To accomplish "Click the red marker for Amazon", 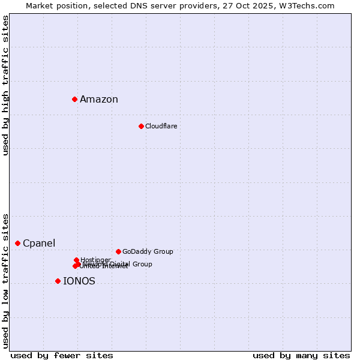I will click(74, 99).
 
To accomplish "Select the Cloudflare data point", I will click(141, 126).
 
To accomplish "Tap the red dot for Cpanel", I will click(17, 243).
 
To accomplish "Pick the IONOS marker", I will click(58, 281).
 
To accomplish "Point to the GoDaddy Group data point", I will click(118, 251).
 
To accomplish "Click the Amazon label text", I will click(99, 100).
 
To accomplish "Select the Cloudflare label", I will click(161, 126).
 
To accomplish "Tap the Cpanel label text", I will click(39, 244).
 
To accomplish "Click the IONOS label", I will click(79, 281).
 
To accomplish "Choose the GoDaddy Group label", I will click(148, 251).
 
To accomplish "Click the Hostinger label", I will click(96, 259).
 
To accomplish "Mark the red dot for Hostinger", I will click(77, 260).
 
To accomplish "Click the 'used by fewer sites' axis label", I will click(62, 355).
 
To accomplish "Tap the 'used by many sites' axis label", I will click(301, 355).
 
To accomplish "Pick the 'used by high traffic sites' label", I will click(5, 85).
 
